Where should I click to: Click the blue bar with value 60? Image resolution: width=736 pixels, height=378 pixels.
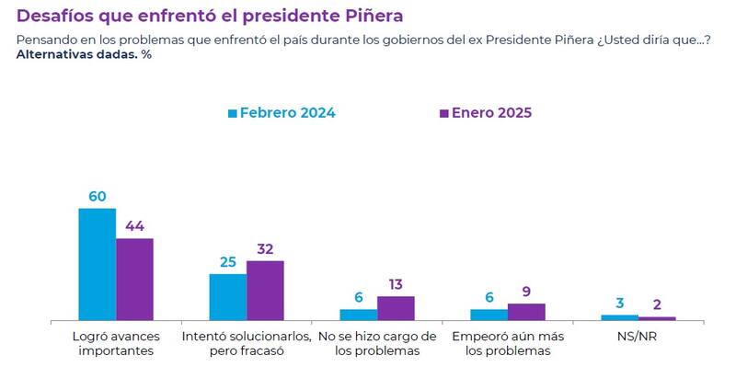pyautogui.click(x=97, y=264)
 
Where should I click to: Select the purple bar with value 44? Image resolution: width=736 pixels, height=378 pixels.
pyautogui.click(x=134, y=279)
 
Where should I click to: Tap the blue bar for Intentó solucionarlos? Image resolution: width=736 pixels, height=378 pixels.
pyautogui.click(x=227, y=296)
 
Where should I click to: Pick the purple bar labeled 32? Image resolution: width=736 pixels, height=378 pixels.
pyautogui.click(x=266, y=290)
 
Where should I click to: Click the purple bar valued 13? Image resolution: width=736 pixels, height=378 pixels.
pyautogui.click(x=397, y=308)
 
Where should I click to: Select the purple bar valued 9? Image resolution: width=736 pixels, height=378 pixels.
pyautogui.click(x=527, y=312)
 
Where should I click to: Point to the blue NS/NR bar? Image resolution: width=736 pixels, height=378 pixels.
pyautogui.click(x=619, y=317)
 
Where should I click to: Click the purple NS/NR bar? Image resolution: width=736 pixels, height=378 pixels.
pyautogui.click(x=657, y=318)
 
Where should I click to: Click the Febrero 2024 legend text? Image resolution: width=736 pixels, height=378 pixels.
pyautogui.click(x=287, y=113)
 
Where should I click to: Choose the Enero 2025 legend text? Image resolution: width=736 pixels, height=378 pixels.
pyautogui.click(x=491, y=113)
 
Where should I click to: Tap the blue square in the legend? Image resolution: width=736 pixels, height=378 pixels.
pyautogui.click(x=233, y=113)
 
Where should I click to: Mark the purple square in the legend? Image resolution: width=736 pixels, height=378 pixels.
pyautogui.click(x=443, y=113)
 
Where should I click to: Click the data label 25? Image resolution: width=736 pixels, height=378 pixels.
pyautogui.click(x=228, y=262)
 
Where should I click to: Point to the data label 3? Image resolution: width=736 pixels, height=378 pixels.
pyautogui.click(x=619, y=304)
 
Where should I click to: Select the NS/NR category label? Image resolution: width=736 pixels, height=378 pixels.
pyautogui.click(x=638, y=336)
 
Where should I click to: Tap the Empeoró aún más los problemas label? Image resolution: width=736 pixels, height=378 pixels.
pyautogui.click(x=507, y=343)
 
